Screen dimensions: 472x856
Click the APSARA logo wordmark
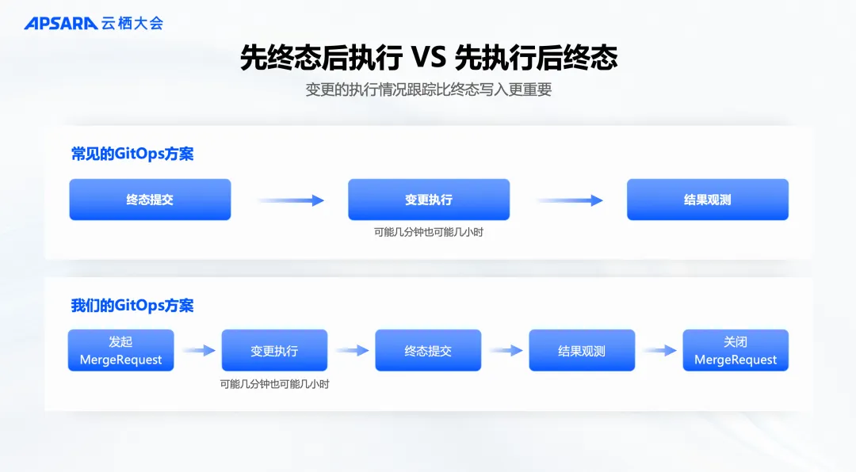click(60, 23)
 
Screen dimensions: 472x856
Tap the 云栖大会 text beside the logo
click(132, 23)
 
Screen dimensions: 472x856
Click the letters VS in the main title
click(429, 57)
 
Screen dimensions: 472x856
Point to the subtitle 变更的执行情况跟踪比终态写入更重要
click(428, 89)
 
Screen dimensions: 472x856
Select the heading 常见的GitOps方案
click(132, 154)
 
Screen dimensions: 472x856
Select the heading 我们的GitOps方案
click(132, 305)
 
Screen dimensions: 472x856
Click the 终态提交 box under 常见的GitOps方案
click(150, 200)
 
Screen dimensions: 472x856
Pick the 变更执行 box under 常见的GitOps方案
click(429, 200)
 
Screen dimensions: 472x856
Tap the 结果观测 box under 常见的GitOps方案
click(708, 200)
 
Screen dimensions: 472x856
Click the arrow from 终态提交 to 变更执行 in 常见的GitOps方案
click(290, 200)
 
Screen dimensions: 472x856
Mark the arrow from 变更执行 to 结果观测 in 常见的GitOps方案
click(569, 200)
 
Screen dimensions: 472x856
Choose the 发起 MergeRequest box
click(120, 351)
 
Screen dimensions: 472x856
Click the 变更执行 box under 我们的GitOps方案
click(274, 351)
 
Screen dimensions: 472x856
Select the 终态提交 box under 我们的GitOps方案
click(428, 351)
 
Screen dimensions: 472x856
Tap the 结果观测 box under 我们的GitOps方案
click(582, 351)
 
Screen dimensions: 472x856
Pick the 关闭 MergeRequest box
click(736, 351)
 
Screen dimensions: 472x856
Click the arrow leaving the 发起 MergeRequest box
click(198, 350)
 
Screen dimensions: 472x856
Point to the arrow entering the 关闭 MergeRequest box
click(659, 350)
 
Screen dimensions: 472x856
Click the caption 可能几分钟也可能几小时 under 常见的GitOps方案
click(429, 233)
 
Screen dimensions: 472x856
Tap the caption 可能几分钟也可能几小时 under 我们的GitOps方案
click(274, 384)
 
